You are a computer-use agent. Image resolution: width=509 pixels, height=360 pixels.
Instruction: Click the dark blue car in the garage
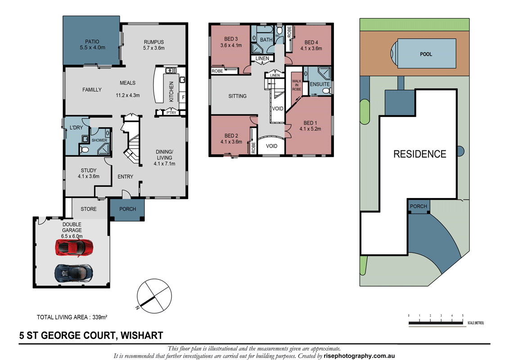[73, 272]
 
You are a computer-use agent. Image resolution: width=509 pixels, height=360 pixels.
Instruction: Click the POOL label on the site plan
[426, 54]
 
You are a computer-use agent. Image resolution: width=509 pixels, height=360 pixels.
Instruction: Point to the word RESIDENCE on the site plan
[419, 154]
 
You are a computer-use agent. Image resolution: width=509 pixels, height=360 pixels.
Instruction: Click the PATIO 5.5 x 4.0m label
[92, 44]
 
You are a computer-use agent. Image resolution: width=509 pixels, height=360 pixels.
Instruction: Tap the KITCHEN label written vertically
[171, 92]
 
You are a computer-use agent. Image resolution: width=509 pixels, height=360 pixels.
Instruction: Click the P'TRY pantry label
[171, 112]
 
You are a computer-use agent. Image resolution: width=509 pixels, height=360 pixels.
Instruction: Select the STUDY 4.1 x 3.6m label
[88, 173]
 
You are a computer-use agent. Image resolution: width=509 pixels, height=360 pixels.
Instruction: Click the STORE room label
[89, 209]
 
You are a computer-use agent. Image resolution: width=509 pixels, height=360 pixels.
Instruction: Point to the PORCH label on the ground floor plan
[128, 209]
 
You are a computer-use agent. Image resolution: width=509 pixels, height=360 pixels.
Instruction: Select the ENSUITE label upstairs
[320, 84]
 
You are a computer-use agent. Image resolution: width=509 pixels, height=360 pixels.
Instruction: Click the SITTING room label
[237, 96]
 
